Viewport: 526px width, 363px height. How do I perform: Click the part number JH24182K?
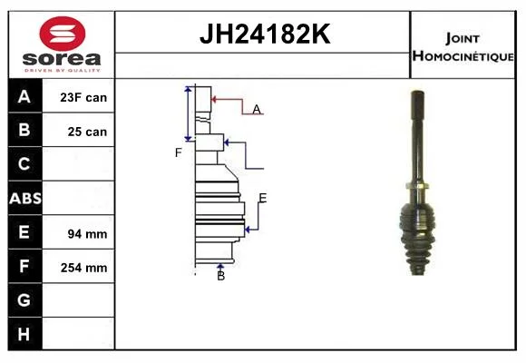tap(265, 34)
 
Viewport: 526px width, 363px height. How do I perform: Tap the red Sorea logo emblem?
tap(63, 34)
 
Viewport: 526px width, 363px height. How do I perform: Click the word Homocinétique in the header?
tap(463, 55)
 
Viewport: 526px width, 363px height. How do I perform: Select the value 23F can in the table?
tap(83, 97)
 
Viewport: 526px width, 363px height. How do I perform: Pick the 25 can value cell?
tap(87, 132)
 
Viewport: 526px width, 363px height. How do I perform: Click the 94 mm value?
tap(87, 234)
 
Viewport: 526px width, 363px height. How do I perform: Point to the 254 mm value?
tap(83, 268)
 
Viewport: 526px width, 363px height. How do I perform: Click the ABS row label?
tap(25, 199)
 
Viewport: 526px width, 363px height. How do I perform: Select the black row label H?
tap(24, 334)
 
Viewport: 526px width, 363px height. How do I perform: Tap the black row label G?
tap(24, 299)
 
